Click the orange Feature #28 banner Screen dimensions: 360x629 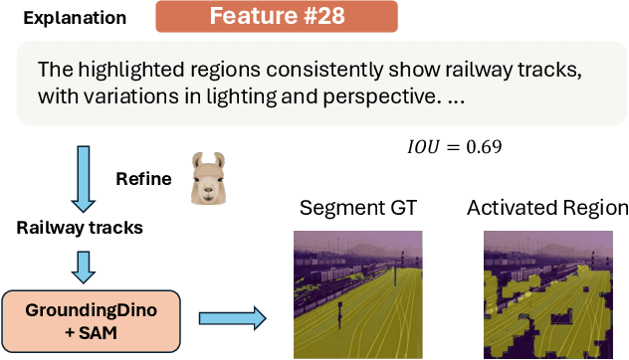coord(277,17)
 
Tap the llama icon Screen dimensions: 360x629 coord(205,179)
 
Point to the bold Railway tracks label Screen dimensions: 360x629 coord(80,228)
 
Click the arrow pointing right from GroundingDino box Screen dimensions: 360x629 coord(232,318)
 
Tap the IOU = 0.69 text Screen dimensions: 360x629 coord(454,147)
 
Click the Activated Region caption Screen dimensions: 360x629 coord(547,209)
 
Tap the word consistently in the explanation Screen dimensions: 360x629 coord(291,71)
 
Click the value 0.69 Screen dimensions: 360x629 coord(483,147)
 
